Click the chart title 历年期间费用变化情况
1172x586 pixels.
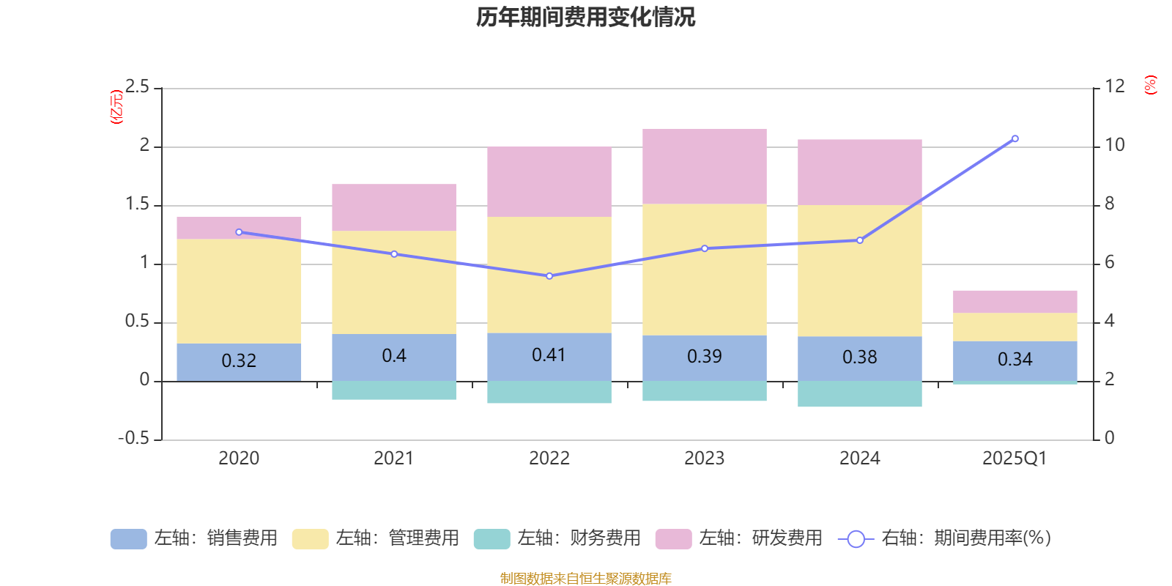point(585,17)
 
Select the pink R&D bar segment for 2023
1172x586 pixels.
point(705,166)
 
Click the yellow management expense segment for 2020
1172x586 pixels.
point(239,292)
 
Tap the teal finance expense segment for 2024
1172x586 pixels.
point(859,394)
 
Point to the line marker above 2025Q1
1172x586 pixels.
point(1015,138)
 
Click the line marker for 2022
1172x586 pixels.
point(549,276)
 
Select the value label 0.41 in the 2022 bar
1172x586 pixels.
point(549,355)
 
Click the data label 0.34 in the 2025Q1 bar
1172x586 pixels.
point(1015,360)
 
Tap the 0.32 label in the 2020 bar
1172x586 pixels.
point(239,361)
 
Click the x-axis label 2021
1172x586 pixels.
point(393,459)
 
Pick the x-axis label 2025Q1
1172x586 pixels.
point(1015,459)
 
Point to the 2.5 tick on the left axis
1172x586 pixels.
point(137,87)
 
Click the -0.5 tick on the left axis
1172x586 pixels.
point(133,438)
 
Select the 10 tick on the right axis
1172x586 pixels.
point(1114,145)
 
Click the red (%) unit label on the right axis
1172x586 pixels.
point(1150,85)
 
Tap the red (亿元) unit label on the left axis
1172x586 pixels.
point(116,107)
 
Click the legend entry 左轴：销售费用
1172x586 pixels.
point(194,538)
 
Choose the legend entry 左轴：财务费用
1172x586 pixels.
point(557,538)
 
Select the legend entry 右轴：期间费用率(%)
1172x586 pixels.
point(945,538)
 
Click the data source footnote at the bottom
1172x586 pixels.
point(585,579)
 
